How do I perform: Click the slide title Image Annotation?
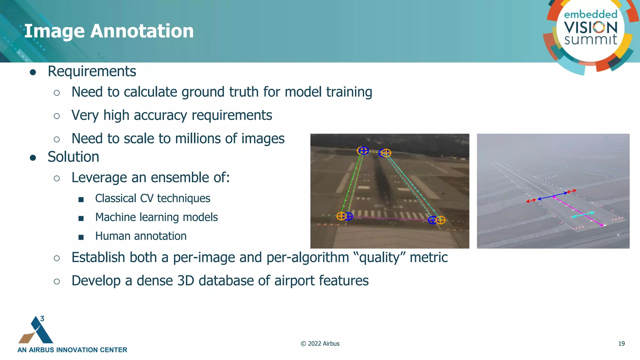pos(109,31)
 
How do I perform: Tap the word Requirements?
pos(92,71)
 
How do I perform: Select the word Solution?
pos(73,157)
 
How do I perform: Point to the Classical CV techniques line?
pos(152,198)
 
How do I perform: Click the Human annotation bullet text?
pos(141,236)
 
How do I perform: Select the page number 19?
pos(621,343)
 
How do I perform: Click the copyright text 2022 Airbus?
pos(320,343)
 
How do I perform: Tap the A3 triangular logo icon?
pos(36,330)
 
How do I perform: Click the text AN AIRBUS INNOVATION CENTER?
pos(72,350)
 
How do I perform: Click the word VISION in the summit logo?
pos(591,27)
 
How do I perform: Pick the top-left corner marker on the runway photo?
pos(362,151)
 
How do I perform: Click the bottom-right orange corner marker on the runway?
pos(441,220)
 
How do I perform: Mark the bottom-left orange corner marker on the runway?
pos(341,216)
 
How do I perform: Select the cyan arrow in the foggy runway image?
pos(583,215)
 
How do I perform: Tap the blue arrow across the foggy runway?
pos(552,196)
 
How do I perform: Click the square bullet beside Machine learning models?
pos(81,218)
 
